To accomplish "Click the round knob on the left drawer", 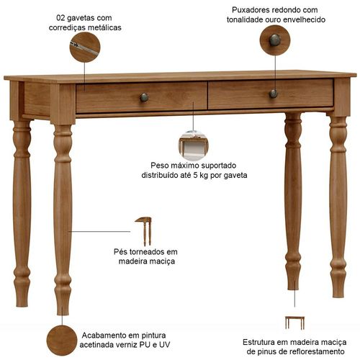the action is (x=144, y=97).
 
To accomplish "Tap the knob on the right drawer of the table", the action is (x=274, y=94).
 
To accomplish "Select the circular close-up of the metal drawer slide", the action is (x=85, y=48).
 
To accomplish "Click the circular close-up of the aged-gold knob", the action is (x=275, y=40).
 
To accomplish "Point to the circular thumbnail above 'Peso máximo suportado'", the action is (x=193, y=145).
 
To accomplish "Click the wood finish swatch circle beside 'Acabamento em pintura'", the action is (x=62, y=341).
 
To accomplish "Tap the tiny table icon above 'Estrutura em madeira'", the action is (x=294, y=323).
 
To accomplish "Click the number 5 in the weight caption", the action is (x=195, y=175).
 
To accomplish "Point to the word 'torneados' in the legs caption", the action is (x=145, y=252).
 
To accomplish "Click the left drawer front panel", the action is (x=141, y=98).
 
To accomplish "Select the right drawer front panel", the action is (x=271, y=94).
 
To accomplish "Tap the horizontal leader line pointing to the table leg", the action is (x=99, y=232).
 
